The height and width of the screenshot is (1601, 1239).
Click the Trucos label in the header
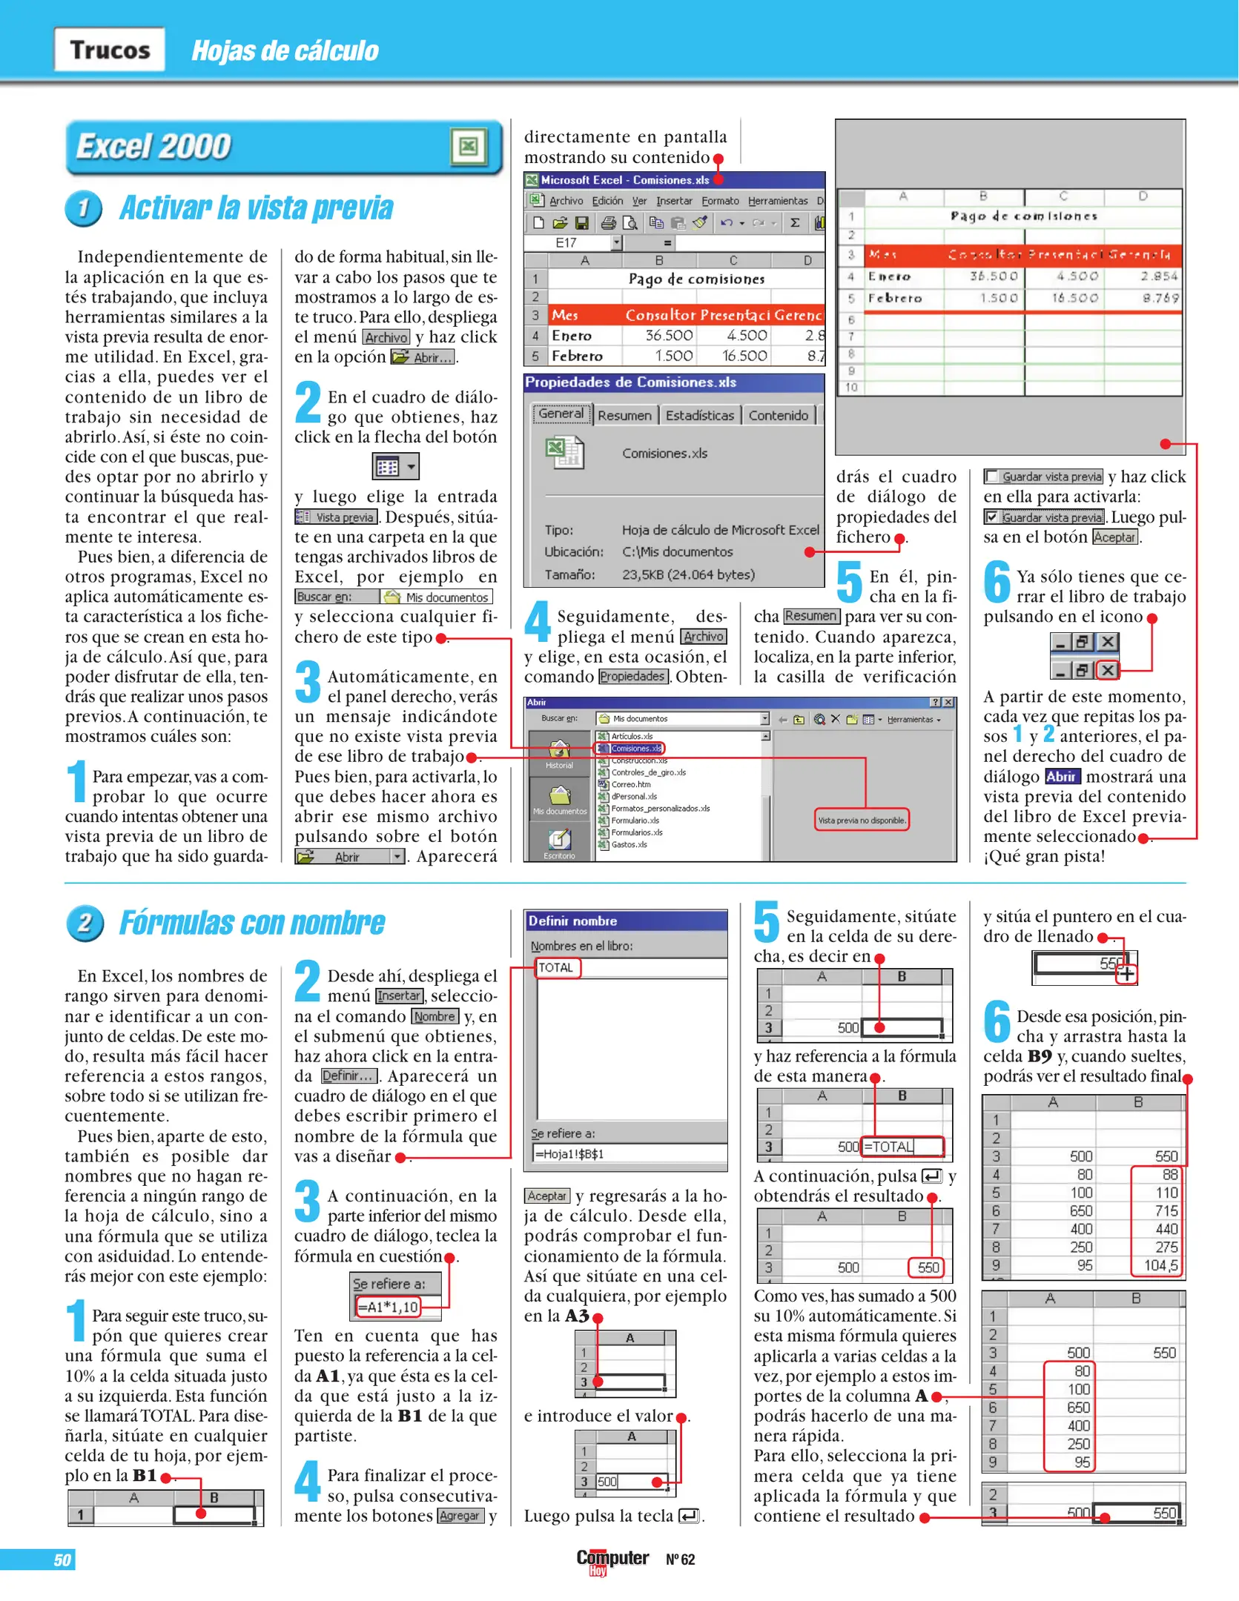tap(110, 50)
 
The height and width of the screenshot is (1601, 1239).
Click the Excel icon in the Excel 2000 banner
tap(468, 146)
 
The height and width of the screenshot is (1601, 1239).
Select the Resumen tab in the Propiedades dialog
tap(624, 415)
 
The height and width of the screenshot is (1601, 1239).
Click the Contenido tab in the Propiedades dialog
tap(778, 415)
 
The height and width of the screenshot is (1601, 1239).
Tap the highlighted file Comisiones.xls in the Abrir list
tap(635, 748)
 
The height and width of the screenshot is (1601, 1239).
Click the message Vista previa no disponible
tap(861, 820)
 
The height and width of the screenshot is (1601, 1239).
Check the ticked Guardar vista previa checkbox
tap(991, 517)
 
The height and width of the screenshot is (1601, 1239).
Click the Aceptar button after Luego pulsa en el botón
tap(1114, 537)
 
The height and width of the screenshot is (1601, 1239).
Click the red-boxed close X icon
tap(1107, 670)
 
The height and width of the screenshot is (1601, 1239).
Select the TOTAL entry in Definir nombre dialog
tap(557, 967)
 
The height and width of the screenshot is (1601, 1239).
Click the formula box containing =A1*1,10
tap(389, 1307)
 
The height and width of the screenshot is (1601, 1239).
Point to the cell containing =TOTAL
tap(902, 1147)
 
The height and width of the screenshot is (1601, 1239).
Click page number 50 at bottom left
tap(62, 1560)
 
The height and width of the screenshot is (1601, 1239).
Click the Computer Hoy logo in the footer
tap(612, 1559)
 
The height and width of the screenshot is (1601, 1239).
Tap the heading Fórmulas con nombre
tap(252, 923)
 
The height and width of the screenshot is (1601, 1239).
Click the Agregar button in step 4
tap(460, 1516)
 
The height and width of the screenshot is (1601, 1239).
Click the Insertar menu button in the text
tap(399, 995)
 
